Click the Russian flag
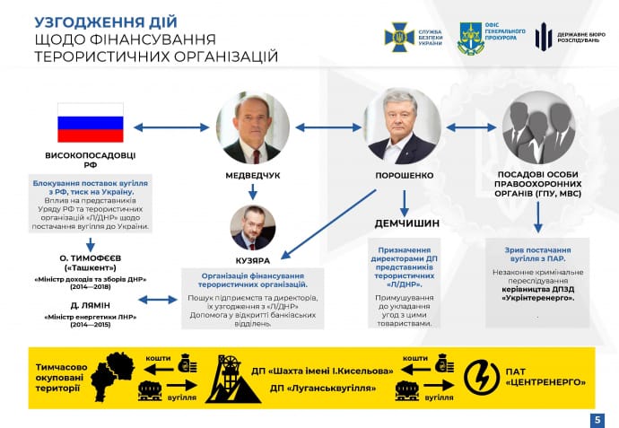90,122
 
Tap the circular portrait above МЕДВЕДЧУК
253,127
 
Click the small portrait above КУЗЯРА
253,228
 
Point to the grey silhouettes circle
538,127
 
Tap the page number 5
597,419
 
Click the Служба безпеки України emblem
400,37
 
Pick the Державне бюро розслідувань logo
544,37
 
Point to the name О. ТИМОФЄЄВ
90,258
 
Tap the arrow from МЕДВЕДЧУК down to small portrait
253,191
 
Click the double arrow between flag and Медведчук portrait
170,127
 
